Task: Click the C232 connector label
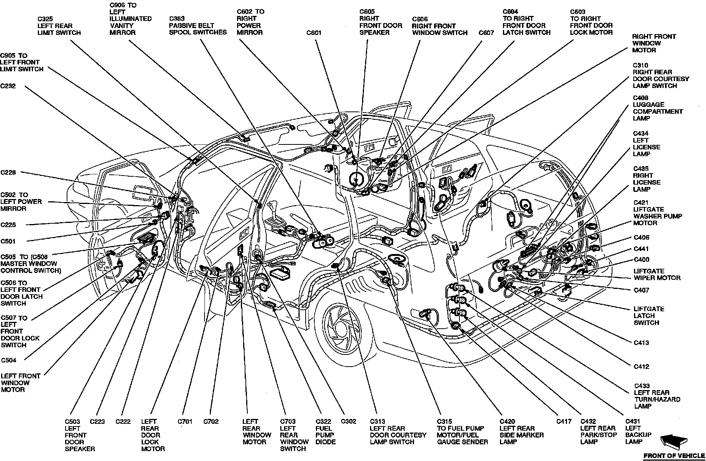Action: pyautogui.click(x=8, y=86)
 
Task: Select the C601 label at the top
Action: pyautogui.click(x=314, y=33)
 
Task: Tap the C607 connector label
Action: pyautogui.click(x=486, y=33)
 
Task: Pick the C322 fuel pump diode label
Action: pyautogui.click(x=325, y=431)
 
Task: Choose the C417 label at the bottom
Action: pyautogui.click(x=564, y=422)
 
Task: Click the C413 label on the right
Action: pyautogui.click(x=641, y=343)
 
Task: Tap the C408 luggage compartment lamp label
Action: pyautogui.click(x=658, y=108)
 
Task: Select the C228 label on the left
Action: pyautogui.click(x=8, y=173)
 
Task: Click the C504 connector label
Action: pyautogui.click(x=9, y=360)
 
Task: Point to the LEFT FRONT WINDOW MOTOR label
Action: pyautogui.click(x=20, y=383)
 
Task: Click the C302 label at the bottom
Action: pyautogui.click(x=348, y=422)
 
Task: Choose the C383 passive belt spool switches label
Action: pyautogui.click(x=198, y=25)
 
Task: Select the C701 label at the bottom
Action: pyautogui.click(x=185, y=422)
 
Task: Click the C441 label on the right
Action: pyautogui.click(x=641, y=249)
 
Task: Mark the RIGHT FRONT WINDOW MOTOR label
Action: pyautogui.click(x=654, y=43)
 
